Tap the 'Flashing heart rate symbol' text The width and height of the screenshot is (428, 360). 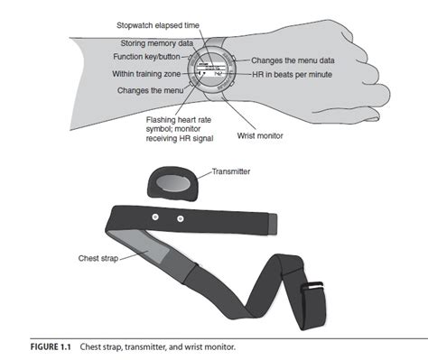(x=184, y=120)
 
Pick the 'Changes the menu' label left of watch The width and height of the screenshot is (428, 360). (x=152, y=90)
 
